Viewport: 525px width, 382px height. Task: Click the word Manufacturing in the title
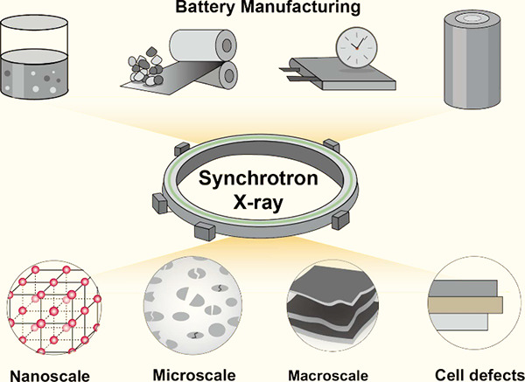click(299, 7)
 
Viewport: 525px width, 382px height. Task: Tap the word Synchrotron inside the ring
click(258, 177)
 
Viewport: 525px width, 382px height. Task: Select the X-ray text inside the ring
click(258, 202)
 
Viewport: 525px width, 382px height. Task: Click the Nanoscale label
click(50, 375)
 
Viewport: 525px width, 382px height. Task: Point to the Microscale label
click(194, 375)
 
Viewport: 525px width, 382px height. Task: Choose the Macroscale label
click(328, 375)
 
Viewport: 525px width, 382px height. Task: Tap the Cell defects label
click(479, 375)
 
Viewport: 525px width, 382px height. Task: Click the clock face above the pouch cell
click(357, 48)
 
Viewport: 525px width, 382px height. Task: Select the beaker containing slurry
click(34, 57)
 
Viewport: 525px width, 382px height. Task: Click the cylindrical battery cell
click(472, 59)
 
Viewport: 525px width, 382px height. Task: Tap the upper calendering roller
click(203, 45)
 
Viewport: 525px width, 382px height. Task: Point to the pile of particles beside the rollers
click(146, 66)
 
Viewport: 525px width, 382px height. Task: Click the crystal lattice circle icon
click(54, 308)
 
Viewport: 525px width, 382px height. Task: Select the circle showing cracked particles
click(192, 306)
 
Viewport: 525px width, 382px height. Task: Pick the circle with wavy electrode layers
click(332, 305)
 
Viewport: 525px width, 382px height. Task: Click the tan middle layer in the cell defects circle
click(465, 305)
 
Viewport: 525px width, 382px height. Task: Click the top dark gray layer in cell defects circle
click(463, 288)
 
